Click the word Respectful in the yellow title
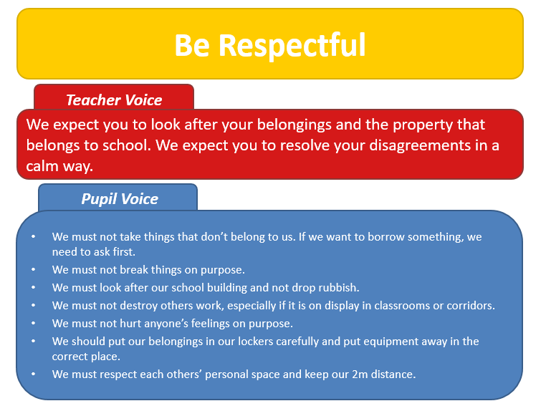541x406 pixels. pyautogui.click(x=292, y=46)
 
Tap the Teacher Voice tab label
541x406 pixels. pyautogui.click(x=114, y=100)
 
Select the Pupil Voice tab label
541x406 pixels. pyautogui.click(x=120, y=199)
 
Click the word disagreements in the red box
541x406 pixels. pyautogui.click(x=420, y=146)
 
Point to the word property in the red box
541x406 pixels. pyautogui.click(x=423, y=125)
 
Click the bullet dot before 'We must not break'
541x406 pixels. pyautogui.click(x=34, y=269)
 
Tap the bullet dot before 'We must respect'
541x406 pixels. pyautogui.click(x=34, y=374)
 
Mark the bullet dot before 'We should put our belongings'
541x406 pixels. pyautogui.click(x=34, y=342)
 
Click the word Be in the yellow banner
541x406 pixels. pyautogui.click(x=192, y=46)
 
